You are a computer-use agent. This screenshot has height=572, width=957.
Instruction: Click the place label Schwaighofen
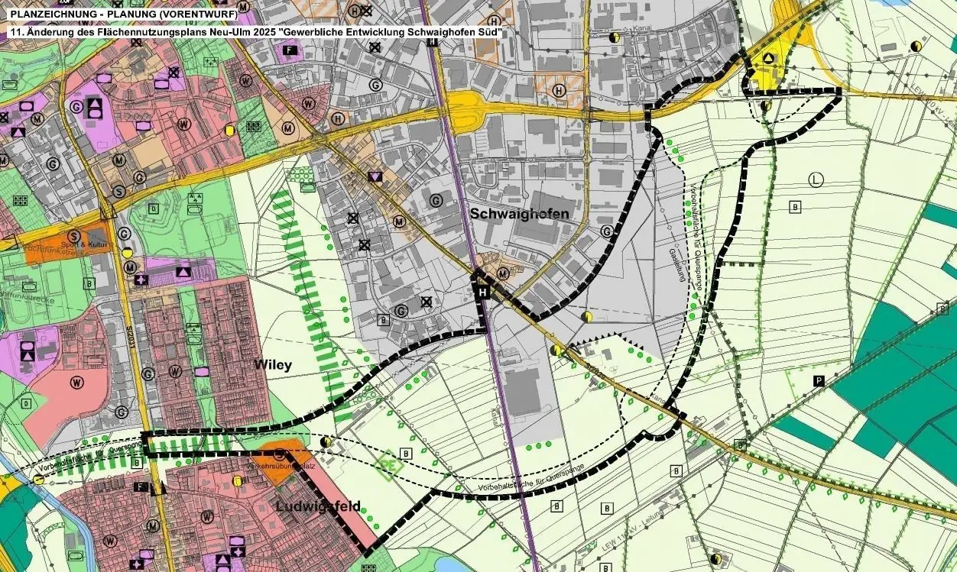(519, 214)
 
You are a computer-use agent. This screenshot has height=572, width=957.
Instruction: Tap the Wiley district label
(273, 365)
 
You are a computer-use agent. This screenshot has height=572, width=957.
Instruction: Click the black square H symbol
(483, 292)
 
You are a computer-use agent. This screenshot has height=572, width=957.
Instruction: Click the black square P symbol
(819, 380)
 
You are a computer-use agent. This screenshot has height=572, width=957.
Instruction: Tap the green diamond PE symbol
(388, 464)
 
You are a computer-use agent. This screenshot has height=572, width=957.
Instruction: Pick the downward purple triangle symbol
(374, 177)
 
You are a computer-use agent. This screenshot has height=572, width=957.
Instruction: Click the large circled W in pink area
(183, 123)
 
